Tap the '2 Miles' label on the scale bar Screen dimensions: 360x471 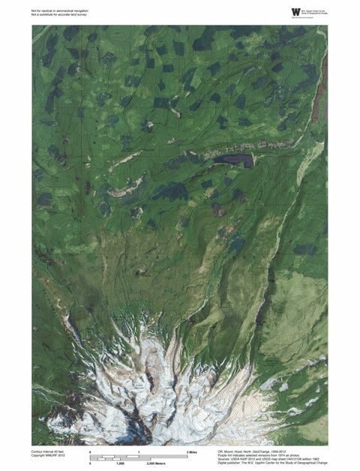click(191, 451)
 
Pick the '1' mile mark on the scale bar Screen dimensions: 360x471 click(139, 451)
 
